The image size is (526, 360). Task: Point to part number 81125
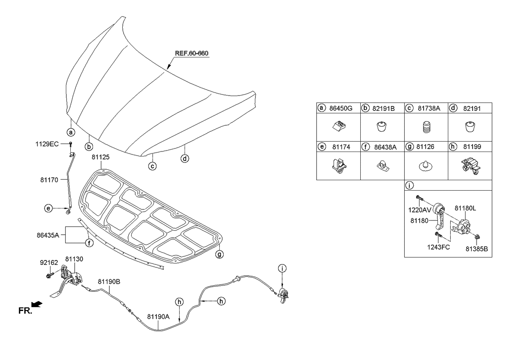tap(100, 157)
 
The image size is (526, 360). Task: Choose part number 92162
tap(49, 262)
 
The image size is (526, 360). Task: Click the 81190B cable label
tap(109, 281)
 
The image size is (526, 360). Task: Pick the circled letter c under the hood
tap(153, 166)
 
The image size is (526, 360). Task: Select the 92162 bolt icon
tap(49, 273)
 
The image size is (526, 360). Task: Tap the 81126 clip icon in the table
tap(425, 166)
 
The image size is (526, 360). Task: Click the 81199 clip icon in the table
tap(469, 166)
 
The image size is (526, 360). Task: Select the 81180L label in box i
tap(465, 209)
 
